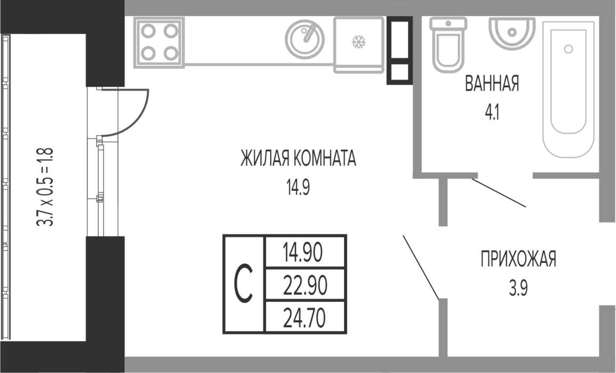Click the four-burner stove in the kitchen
point(159,43)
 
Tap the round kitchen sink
point(305,39)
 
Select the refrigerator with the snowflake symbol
point(359,45)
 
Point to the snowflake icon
point(358,42)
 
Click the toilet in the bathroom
point(448,45)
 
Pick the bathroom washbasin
point(511,33)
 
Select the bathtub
point(568,90)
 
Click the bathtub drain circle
point(568,49)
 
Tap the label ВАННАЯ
point(492,83)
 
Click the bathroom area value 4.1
point(492,112)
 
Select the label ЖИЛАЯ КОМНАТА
point(298,158)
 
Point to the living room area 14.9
point(298,187)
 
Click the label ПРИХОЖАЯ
point(518,259)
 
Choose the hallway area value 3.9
point(518,289)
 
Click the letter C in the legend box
point(244,284)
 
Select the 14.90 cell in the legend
point(305,252)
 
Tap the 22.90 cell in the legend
point(305,285)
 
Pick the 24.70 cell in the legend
point(305,318)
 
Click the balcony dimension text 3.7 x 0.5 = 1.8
point(45,187)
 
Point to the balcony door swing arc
point(136,123)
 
